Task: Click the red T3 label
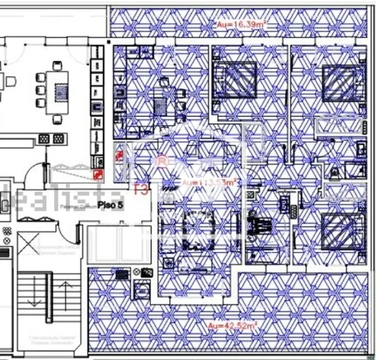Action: point(141,189)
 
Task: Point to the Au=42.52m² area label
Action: point(233,325)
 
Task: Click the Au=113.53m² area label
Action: point(209,182)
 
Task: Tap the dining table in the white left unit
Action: point(58,91)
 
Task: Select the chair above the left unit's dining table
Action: point(58,65)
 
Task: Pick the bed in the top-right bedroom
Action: point(341,82)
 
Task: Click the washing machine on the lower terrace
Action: point(142,290)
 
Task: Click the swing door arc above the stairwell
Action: point(36,175)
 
